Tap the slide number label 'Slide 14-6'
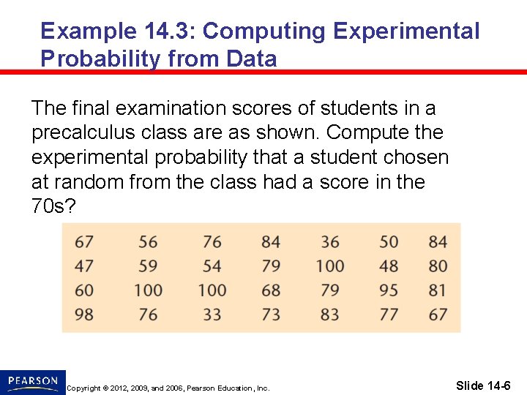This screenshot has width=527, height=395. pos(483,385)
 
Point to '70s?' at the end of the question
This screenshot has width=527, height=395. pos(53,206)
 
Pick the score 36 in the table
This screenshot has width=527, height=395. pos(330,242)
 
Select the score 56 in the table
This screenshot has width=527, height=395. pos(148,242)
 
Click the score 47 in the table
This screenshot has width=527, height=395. pos(84,266)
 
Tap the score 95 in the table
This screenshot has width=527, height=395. pos(389,290)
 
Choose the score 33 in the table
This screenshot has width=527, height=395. pos(212,315)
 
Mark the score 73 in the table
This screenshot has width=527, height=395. pos(271,315)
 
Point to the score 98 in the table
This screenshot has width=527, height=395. pos(84,315)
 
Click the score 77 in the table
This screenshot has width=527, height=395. pos(389,315)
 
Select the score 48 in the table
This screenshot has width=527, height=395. pos(389,266)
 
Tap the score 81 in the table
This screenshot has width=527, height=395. pos(438,290)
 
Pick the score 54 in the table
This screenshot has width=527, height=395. pos(212,266)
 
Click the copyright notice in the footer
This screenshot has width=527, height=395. pos(168,388)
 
